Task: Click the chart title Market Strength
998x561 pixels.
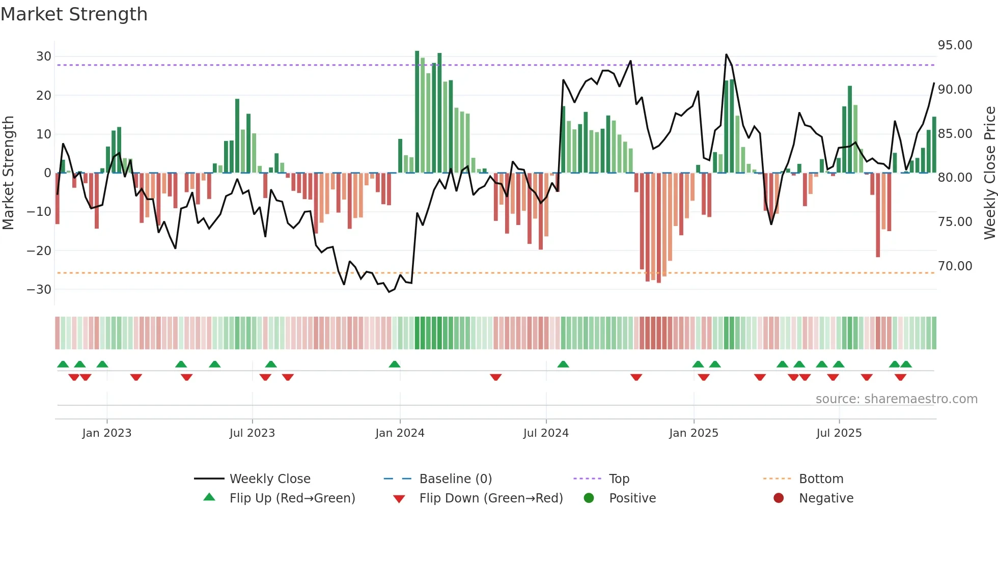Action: click(74, 14)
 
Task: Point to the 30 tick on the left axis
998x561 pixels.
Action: click(43, 57)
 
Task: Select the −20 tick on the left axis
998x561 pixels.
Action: click(39, 250)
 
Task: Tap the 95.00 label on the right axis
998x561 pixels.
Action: click(955, 45)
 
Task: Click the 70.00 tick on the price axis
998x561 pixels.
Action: click(955, 266)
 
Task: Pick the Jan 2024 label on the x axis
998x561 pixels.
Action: click(400, 433)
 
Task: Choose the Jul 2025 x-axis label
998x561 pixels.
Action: click(839, 433)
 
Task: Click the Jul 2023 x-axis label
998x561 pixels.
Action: click(252, 433)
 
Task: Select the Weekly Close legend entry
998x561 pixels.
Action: click(269, 479)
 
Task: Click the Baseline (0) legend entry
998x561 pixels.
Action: click(455, 479)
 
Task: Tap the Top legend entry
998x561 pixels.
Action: click(619, 479)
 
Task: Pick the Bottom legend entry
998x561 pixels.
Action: click(821, 479)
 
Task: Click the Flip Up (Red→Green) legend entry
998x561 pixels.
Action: click(292, 498)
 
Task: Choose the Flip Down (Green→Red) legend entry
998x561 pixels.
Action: click(491, 498)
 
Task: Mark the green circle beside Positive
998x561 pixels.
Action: click(589, 498)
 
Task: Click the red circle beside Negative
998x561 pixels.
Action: click(779, 498)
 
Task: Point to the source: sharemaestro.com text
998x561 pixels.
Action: click(896, 399)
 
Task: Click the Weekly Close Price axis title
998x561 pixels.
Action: click(989, 173)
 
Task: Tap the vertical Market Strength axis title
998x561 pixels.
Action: click(8, 173)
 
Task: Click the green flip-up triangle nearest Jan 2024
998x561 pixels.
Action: click(395, 364)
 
